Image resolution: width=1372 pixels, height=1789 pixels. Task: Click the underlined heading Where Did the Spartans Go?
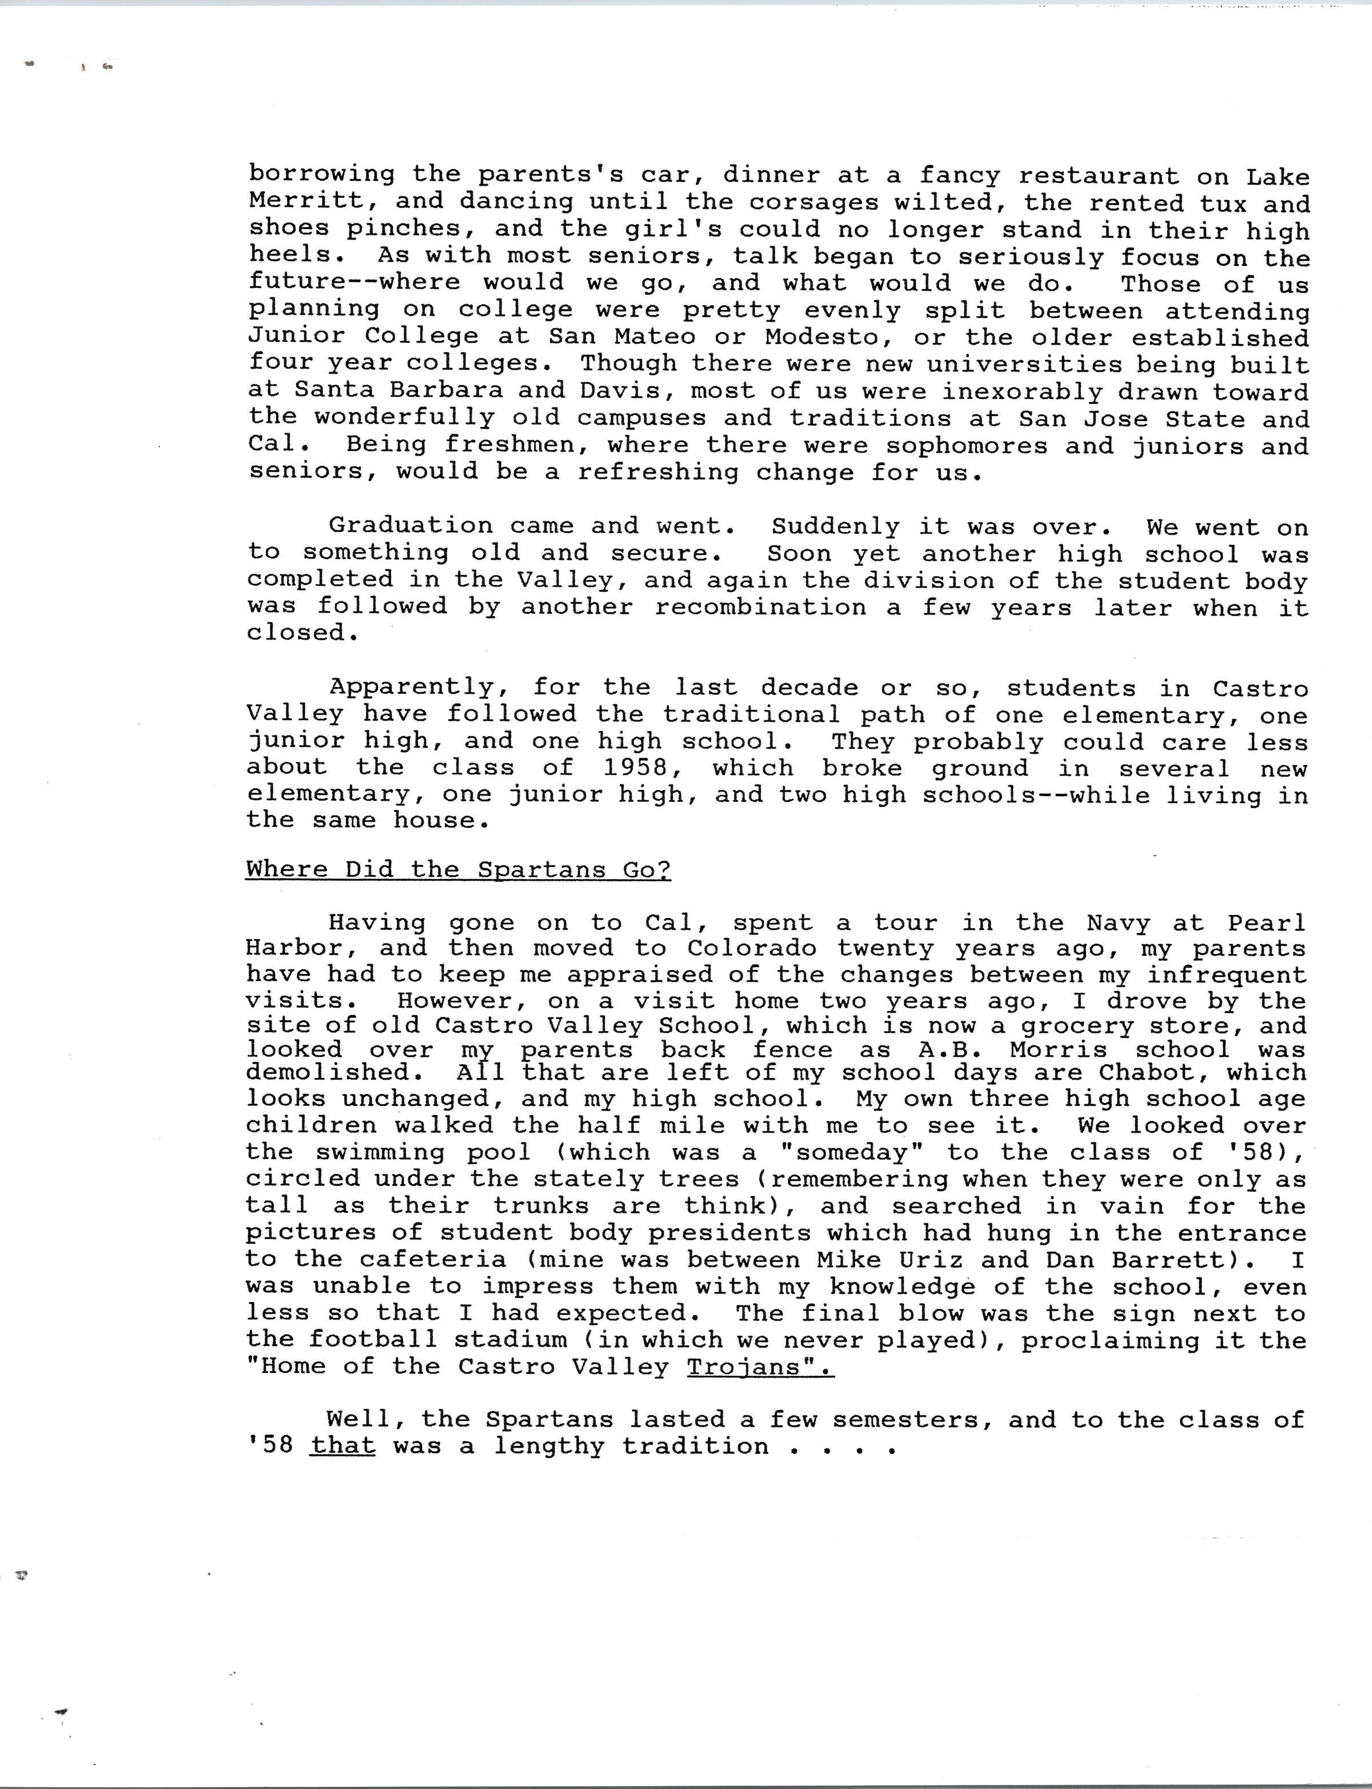tap(458, 869)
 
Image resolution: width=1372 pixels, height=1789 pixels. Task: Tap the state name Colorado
tap(751, 949)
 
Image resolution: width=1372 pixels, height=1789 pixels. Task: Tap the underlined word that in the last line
tap(343, 1447)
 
